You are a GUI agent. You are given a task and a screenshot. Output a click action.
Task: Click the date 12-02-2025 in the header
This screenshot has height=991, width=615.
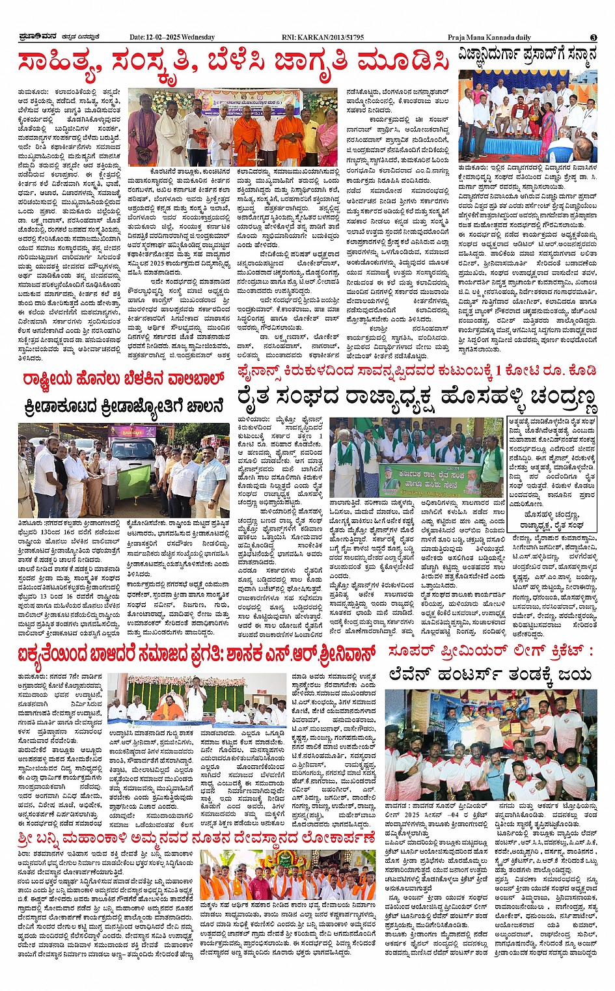pos(162,37)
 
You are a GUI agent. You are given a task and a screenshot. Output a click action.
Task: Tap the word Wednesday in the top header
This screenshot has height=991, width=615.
pos(198,37)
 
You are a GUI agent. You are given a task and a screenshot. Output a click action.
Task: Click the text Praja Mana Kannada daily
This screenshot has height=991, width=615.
pos(489,37)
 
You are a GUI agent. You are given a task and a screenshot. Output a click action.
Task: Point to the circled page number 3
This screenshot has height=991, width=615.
pos(594,37)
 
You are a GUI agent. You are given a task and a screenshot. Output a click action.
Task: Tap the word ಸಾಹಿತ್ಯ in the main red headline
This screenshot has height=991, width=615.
pos(59,63)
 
